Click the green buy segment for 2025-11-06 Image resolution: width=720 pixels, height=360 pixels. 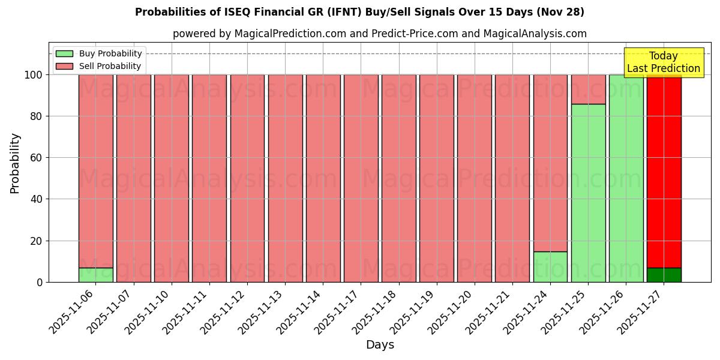click(x=95, y=275)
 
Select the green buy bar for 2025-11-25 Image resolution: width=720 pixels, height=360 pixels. click(x=588, y=193)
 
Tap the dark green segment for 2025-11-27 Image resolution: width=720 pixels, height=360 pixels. click(x=664, y=275)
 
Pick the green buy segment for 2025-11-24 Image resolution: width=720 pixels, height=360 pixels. click(x=550, y=266)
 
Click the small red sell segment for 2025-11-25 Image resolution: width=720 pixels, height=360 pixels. click(x=588, y=89)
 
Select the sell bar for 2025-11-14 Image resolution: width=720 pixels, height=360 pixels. click(x=323, y=178)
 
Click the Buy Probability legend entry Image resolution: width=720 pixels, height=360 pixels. click(x=99, y=53)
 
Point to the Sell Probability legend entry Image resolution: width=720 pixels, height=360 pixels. click(x=99, y=66)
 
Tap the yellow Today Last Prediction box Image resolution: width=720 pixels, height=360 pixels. click(x=663, y=62)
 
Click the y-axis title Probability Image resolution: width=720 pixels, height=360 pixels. click(x=15, y=163)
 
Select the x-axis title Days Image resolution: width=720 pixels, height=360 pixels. click(x=380, y=345)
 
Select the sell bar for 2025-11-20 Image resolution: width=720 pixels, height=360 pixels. click(x=474, y=178)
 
